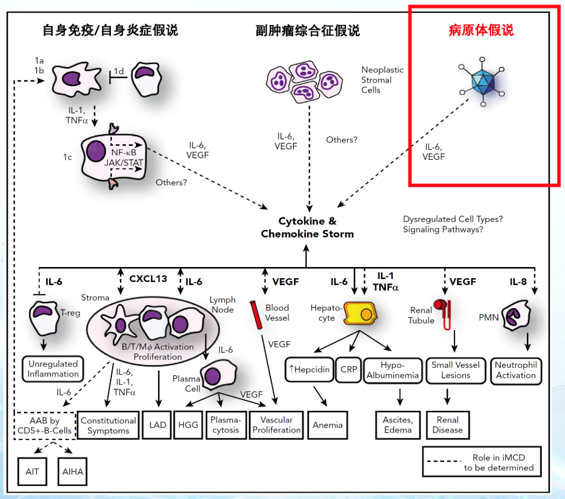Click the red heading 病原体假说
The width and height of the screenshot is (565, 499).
(481, 30)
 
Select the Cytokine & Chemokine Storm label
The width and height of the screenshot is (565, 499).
(308, 227)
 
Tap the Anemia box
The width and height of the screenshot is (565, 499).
(327, 425)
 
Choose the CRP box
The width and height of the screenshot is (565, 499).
(349, 369)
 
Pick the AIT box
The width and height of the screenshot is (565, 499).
(32, 471)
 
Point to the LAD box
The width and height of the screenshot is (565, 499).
(157, 425)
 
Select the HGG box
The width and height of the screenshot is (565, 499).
(188, 425)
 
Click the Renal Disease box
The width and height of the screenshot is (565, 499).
(447, 425)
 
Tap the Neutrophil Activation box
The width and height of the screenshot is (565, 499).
(515, 370)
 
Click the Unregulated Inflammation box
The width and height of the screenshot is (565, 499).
(53, 369)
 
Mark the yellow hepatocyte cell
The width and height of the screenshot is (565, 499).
(360, 313)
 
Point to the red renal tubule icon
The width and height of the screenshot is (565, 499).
(444, 314)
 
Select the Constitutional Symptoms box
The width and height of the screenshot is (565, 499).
(108, 425)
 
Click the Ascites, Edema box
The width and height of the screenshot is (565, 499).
(398, 425)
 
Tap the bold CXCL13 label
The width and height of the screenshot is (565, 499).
(148, 278)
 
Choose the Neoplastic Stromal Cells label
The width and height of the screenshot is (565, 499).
(382, 79)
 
